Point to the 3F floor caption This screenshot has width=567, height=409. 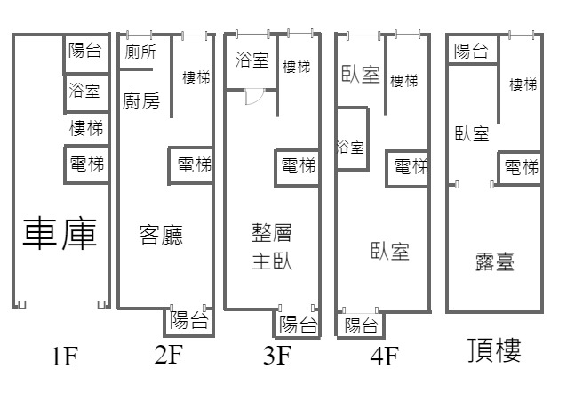tap(277, 356)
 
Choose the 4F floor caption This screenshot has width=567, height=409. tap(384, 357)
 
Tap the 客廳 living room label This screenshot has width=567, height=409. tap(161, 235)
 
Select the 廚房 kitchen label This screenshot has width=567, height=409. tap(142, 101)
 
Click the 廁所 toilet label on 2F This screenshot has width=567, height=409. tap(140, 51)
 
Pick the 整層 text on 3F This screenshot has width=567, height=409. tap(273, 234)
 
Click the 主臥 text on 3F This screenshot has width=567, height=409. tap(273, 261)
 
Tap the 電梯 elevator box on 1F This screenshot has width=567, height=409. tap(87, 164)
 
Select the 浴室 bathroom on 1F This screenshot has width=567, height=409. tap(86, 89)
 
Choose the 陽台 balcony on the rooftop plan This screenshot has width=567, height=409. tap(471, 52)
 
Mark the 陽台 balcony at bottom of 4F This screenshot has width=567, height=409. tap(361, 325)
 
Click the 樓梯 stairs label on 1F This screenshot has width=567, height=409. tap(86, 128)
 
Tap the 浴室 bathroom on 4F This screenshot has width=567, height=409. tap(350, 148)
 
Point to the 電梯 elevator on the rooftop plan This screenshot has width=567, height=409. tap(520, 167)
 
